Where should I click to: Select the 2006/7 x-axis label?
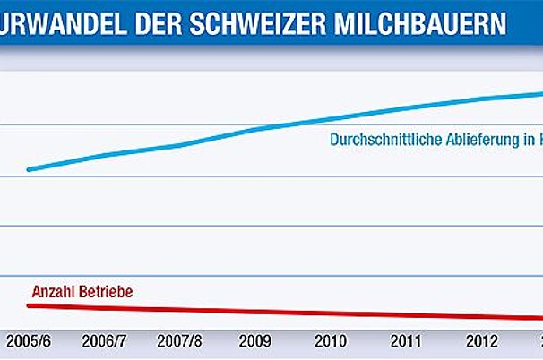click(105, 341)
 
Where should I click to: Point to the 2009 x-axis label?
click(256, 341)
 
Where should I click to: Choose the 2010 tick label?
click(332, 341)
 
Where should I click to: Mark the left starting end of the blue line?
click(29, 168)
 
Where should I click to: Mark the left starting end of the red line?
click(29, 305)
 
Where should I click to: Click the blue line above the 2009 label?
click(256, 129)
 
